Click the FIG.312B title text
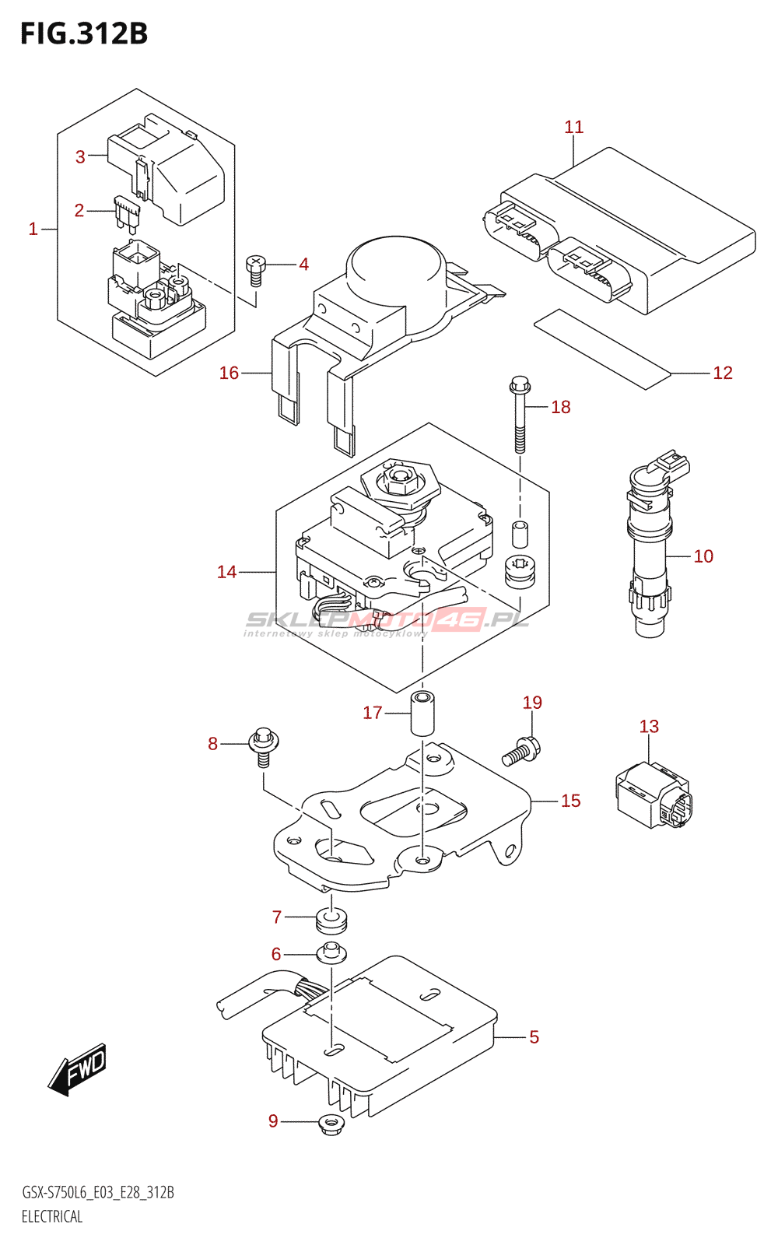pos(84,33)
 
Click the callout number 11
pos(573,127)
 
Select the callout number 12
pos(722,373)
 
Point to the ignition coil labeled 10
pos(650,552)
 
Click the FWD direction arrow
pos(78,1068)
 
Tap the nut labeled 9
pos(332,1124)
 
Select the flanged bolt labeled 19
pos(521,752)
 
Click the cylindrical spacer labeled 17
pos(422,712)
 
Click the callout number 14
pos(226,572)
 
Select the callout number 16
pos(229,373)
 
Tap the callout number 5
pos(534,1036)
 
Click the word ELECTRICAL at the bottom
pos(52,1216)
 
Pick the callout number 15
pos(570,801)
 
